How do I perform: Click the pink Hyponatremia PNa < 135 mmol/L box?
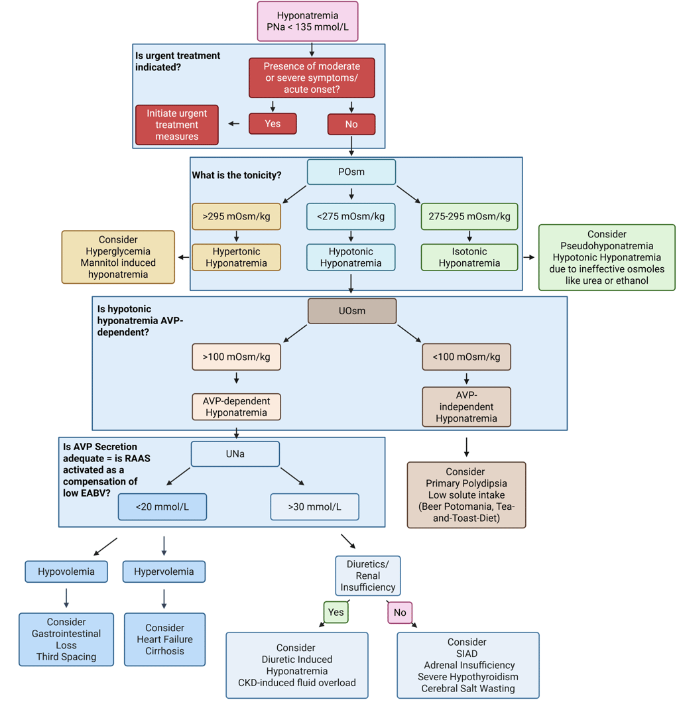click(308, 21)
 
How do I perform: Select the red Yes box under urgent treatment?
click(273, 124)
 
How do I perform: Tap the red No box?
click(351, 124)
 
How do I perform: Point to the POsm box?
click(351, 172)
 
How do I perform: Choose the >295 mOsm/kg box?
click(236, 217)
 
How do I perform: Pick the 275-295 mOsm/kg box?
click(469, 217)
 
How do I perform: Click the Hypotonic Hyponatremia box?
click(351, 257)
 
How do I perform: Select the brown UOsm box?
click(352, 311)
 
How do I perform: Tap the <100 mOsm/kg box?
click(466, 357)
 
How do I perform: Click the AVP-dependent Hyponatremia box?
click(236, 406)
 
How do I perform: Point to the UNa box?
click(235, 454)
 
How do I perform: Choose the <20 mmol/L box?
click(162, 507)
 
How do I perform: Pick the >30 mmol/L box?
click(314, 507)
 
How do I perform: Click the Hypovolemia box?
click(66, 571)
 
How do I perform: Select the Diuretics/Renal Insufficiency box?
click(368, 575)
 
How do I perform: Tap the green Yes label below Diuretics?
click(336, 613)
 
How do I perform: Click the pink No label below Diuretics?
click(400, 613)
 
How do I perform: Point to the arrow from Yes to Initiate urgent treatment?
click(234, 124)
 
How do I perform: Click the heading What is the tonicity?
click(237, 176)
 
